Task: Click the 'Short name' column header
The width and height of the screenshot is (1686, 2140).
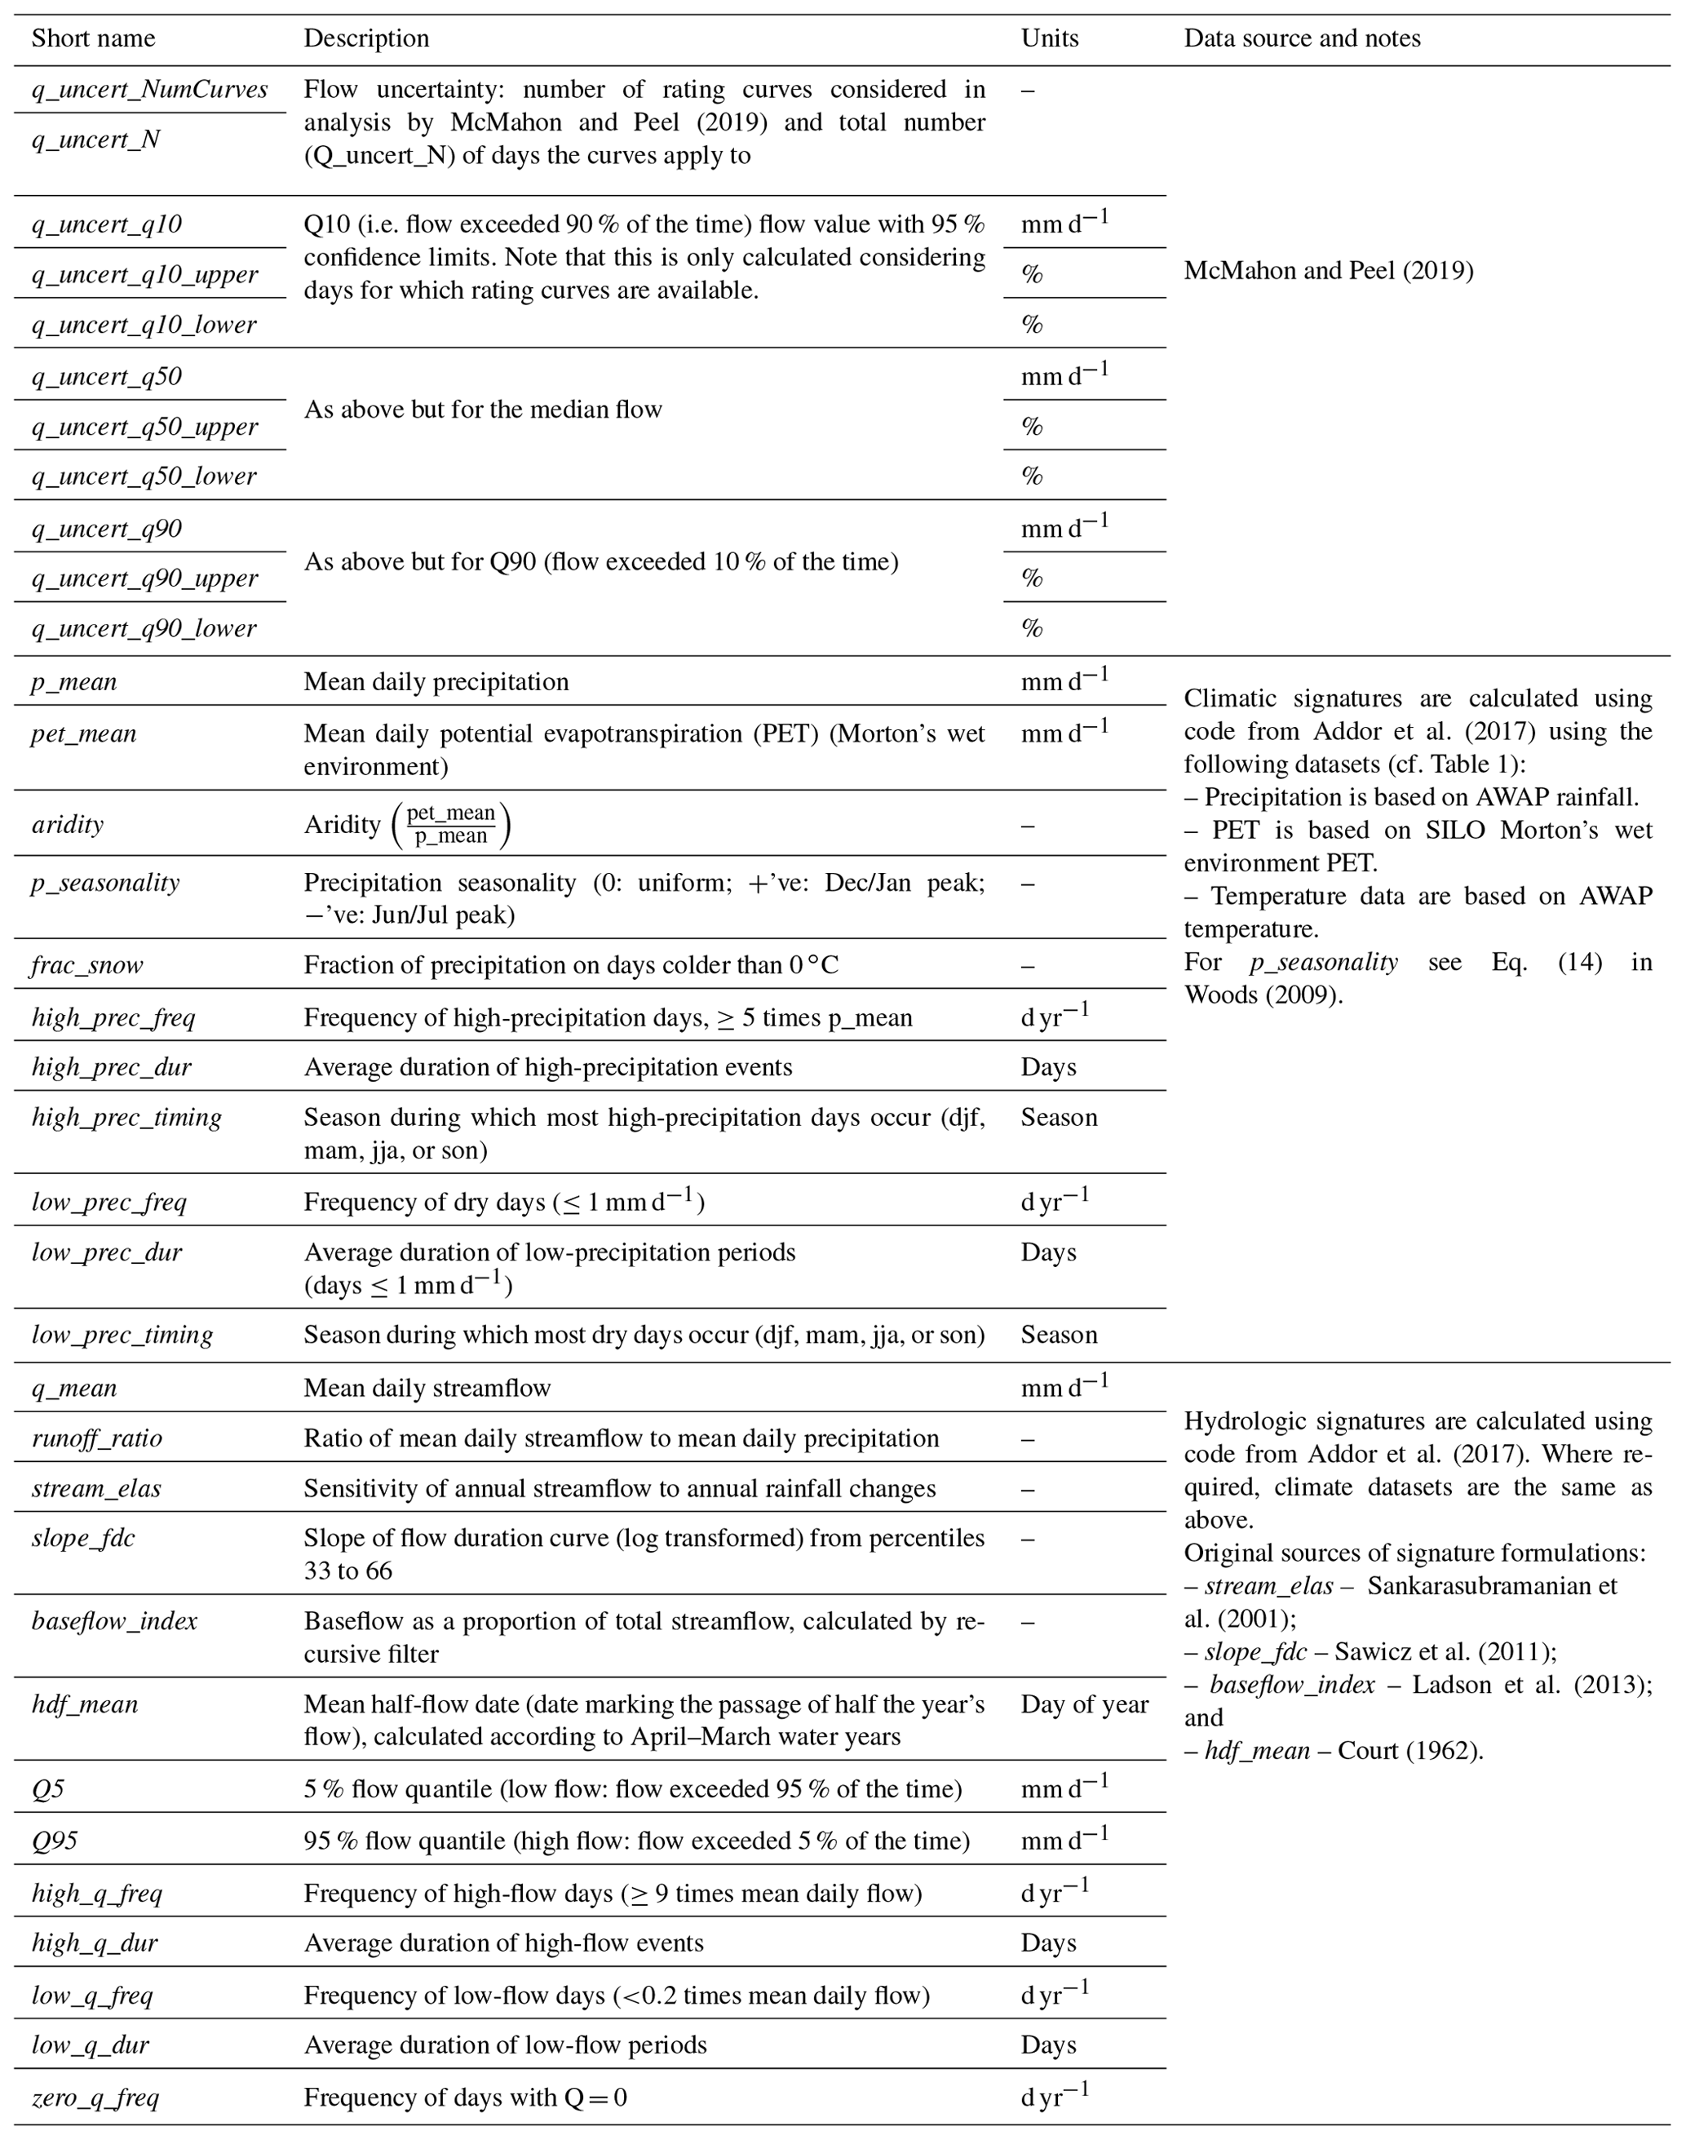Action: pyautogui.click(x=93, y=38)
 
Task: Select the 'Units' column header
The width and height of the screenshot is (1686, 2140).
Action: pyautogui.click(x=1049, y=38)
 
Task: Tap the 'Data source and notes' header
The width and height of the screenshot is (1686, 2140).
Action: pyautogui.click(x=1302, y=38)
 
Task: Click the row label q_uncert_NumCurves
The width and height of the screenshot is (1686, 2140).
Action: pyautogui.click(x=149, y=90)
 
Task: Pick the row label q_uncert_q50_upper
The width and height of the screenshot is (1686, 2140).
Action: pyautogui.click(x=144, y=427)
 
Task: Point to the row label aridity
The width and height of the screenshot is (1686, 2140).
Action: pyautogui.click(x=67, y=824)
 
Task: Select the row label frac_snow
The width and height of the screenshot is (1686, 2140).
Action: pyautogui.click(x=86, y=964)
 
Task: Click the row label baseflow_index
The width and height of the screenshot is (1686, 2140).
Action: pyautogui.click(x=114, y=1621)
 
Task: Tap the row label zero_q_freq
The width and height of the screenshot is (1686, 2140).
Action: pyautogui.click(x=95, y=2097)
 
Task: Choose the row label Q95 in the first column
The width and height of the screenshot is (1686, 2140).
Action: pyautogui.click(x=55, y=1840)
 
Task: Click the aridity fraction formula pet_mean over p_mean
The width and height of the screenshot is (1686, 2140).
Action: pyautogui.click(x=451, y=824)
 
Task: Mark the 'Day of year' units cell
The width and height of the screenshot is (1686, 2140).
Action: pyautogui.click(x=1084, y=1704)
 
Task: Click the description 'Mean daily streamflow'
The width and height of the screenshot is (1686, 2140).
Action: pyautogui.click(x=427, y=1387)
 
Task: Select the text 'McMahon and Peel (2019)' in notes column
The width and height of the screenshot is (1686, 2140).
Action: pyautogui.click(x=1328, y=271)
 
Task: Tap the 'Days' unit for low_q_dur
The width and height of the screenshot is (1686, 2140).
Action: pyautogui.click(x=1048, y=2045)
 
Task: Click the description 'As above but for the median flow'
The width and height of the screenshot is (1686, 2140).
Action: pyautogui.click(x=482, y=409)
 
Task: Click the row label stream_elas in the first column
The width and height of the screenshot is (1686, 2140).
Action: pyautogui.click(x=95, y=1487)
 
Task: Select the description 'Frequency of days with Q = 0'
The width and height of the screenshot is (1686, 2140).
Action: pyautogui.click(x=465, y=2097)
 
